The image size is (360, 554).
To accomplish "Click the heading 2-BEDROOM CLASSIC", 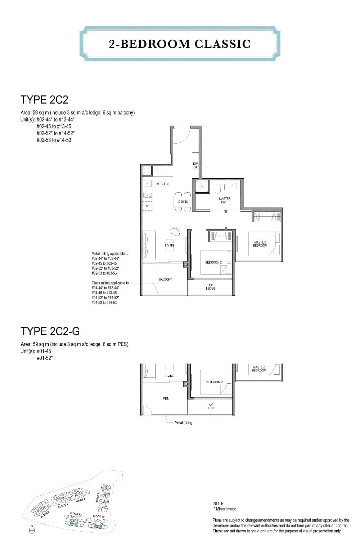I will [x=180, y=44].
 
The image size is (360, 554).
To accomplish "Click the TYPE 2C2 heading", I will [x=44, y=99].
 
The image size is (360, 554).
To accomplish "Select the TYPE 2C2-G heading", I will [x=50, y=331].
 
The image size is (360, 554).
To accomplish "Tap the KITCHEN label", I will [x=162, y=184].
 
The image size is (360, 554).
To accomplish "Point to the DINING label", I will [x=183, y=202].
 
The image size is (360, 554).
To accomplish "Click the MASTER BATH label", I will [x=225, y=200].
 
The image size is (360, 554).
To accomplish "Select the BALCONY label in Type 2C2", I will [x=165, y=280].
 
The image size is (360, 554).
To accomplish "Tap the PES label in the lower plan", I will [x=166, y=399].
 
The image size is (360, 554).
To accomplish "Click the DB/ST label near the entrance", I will [x=195, y=166].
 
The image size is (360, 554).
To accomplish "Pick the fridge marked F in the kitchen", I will [x=157, y=171].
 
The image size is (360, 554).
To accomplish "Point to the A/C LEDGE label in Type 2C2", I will [x=211, y=287].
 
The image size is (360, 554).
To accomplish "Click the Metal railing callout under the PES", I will [x=183, y=423].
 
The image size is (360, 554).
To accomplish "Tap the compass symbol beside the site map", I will [x=32, y=530].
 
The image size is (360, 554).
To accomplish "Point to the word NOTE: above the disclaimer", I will [x=219, y=504].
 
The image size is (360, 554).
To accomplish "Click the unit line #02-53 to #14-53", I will [x=54, y=140].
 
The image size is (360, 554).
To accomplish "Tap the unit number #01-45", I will [x=44, y=351].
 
